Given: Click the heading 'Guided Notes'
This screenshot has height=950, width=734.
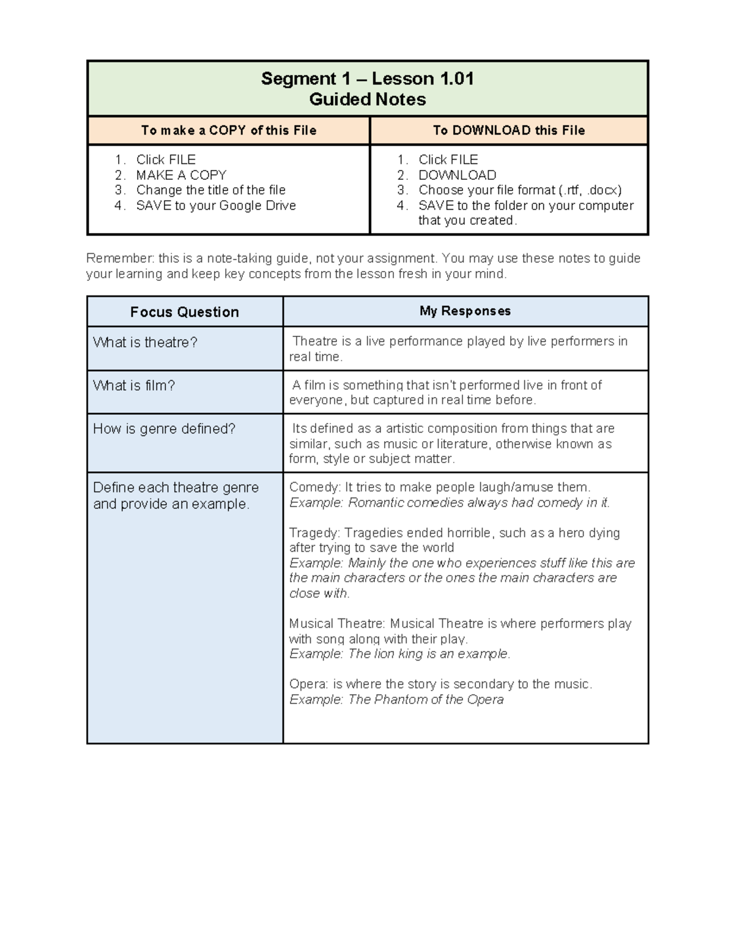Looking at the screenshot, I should [367, 100].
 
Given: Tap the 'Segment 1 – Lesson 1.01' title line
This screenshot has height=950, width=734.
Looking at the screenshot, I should [367, 79].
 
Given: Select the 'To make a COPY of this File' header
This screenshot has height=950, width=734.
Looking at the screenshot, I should [229, 130].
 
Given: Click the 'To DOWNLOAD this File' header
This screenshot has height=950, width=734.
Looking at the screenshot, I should [509, 130].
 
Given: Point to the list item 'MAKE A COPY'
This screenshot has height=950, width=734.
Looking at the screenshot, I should [181, 175].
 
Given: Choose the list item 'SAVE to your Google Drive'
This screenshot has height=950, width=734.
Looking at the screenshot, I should [216, 206].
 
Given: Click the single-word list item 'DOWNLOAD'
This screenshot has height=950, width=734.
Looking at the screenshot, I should [457, 175].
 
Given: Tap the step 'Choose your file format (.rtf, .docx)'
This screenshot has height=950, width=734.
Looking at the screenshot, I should [520, 190].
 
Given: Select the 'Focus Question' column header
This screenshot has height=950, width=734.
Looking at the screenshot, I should [184, 312].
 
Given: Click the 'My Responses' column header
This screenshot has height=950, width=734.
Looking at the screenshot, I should [465, 311].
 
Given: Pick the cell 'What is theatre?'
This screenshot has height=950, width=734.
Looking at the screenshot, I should [145, 343].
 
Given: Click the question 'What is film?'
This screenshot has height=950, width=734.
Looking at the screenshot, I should [134, 386].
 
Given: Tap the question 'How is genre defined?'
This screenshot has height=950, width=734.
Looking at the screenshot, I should [164, 429].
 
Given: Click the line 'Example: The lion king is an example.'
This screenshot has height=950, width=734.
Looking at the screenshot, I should [399, 654].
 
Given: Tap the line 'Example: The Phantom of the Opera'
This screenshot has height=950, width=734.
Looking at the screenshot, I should [396, 700].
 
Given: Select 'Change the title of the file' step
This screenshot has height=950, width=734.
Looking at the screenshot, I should [210, 190].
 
